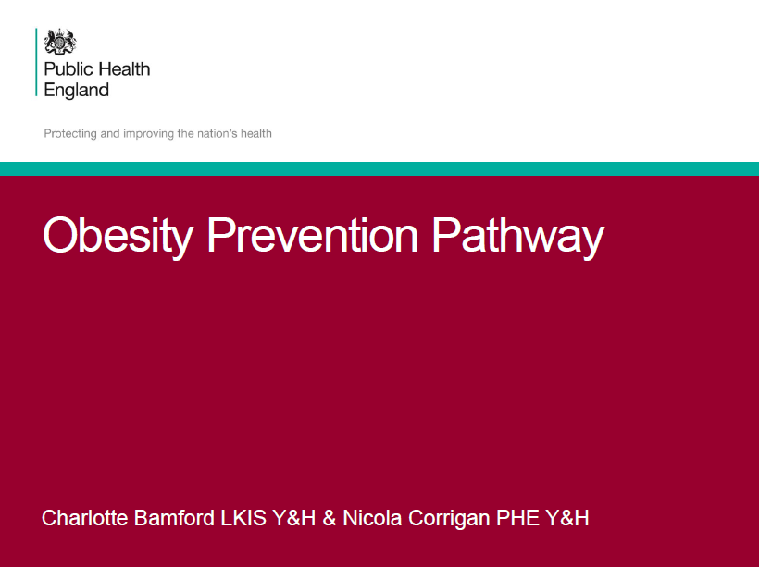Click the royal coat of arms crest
pyautogui.click(x=60, y=42)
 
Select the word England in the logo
pyautogui.click(x=77, y=91)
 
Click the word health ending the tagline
pyautogui.click(x=256, y=133)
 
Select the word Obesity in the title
pyautogui.click(x=118, y=236)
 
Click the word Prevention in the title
pyautogui.click(x=312, y=235)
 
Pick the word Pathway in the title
pyautogui.click(x=518, y=236)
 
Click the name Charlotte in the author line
pyautogui.click(x=85, y=518)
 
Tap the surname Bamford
pyautogui.click(x=174, y=518)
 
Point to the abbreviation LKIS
pyautogui.click(x=243, y=518)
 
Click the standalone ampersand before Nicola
pyautogui.click(x=330, y=518)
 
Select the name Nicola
pyautogui.click(x=372, y=518)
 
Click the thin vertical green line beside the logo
pyautogui.click(x=36, y=62)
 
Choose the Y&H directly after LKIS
pyautogui.click(x=293, y=518)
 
